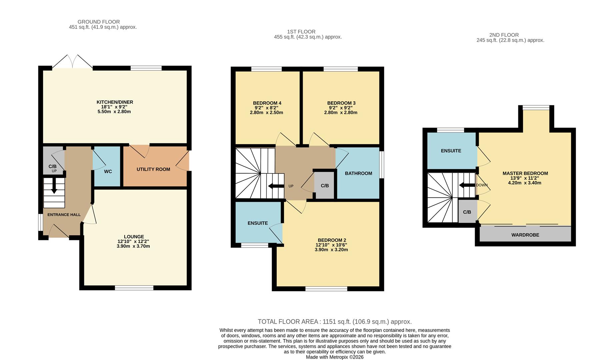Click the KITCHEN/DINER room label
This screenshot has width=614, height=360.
coord(115,102)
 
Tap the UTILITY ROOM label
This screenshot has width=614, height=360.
coord(153,169)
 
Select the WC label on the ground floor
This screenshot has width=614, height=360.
coord(108,172)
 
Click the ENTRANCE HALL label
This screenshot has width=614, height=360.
coord(64,215)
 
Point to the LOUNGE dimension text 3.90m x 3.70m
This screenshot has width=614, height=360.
coord(133,246)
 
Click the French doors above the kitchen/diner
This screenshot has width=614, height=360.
coord(73,62)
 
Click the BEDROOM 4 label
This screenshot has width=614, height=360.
coord(267,103)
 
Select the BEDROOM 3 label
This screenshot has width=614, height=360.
coord(341,103)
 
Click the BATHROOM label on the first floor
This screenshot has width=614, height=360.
coord(358,173)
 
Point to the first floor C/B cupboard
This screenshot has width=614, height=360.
coord(325,186)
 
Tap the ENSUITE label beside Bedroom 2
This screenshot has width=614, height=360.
coord(258,223)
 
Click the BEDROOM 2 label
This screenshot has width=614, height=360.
coord(332,240)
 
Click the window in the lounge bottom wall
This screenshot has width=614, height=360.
coord(134,288)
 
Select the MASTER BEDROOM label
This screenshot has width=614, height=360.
coord(525,173)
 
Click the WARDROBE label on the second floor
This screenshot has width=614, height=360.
coord(525,235)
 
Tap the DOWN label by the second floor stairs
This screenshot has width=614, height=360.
coord(482,185)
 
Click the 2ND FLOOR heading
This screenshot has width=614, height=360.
coord(504,35)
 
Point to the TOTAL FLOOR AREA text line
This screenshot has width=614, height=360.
coord(334,322)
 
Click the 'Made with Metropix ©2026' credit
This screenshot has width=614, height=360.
coord(334,357)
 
